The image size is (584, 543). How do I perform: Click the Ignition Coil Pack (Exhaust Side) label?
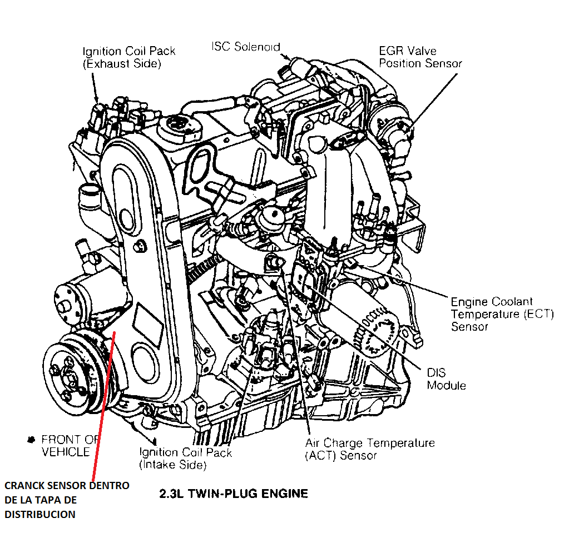[x=129, y=57]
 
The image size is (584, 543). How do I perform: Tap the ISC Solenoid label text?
[x=245, y=47]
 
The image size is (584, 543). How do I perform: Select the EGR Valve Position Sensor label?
[x=420, y=57]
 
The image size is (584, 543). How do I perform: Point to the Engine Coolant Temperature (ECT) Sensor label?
[x=502, y=314]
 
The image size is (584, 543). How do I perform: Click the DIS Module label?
[x=446, y=378]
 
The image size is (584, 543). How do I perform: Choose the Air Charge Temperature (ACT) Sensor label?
[x=369, y=449]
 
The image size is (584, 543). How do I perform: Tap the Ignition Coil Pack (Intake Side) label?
[x=185, y=459]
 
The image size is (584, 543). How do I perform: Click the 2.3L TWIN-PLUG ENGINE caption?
[x=233, y=493]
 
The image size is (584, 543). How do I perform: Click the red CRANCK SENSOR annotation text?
[x=67, y=500]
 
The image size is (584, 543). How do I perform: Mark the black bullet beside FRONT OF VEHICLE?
[x=31, y=440]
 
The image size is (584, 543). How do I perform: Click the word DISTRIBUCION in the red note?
[x=39, y=514]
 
